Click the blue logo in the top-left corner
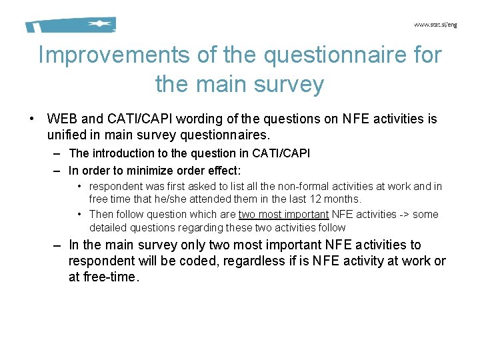71,25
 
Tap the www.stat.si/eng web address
435,25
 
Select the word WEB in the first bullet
62,119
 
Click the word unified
66,133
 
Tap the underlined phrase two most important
283,215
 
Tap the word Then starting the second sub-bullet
101,215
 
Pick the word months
346,199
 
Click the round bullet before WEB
32,119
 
